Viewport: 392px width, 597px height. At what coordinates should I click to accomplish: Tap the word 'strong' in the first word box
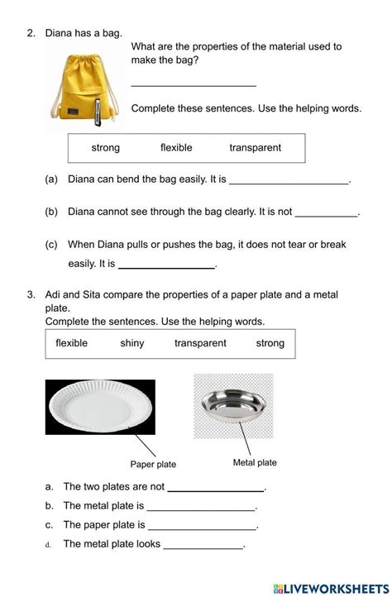tap(105, 148)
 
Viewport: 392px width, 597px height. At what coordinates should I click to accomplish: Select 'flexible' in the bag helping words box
tap(176, 148)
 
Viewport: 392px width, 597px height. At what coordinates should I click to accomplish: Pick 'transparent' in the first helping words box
tap(255, 148)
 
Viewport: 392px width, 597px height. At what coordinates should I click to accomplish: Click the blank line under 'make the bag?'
tap(194, 84)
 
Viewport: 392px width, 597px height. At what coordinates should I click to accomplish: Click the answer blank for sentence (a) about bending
tap(289, 181)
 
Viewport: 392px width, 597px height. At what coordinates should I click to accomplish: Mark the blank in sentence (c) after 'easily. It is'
tap(166, 266)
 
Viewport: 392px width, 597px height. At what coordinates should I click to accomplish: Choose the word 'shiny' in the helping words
tap(131, 343)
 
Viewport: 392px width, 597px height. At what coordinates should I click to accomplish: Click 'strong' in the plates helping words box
tap(270, 343)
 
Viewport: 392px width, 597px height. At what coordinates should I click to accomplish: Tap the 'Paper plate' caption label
tap(153, 465)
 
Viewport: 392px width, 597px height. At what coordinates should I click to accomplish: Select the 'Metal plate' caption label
tap(255, 463)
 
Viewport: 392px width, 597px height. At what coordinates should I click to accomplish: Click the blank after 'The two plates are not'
tap(216, 490)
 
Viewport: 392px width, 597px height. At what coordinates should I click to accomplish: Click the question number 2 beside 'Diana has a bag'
tap(30, 33)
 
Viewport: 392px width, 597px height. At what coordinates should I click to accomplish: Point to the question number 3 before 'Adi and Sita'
tap(30, 294)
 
